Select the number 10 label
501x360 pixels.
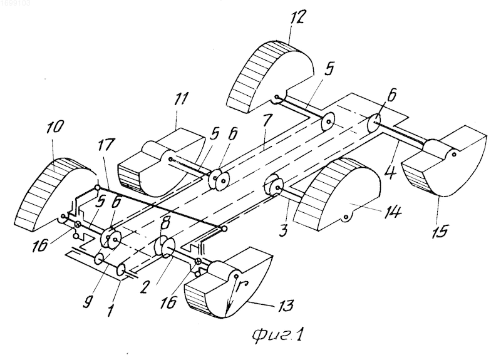(x=56, y=127)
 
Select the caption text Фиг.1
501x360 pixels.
(x=277, y=336)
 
